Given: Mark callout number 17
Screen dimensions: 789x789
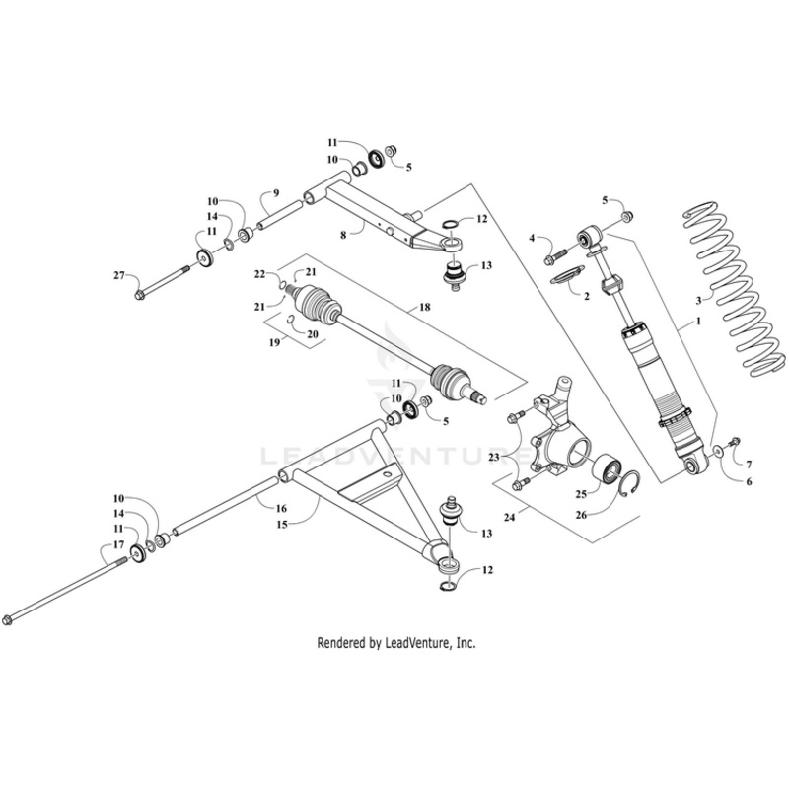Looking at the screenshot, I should [x=117, y=545].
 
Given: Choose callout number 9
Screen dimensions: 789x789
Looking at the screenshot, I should [x=276, y=192].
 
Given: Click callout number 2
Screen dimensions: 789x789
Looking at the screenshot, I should [x=585, y=295].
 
